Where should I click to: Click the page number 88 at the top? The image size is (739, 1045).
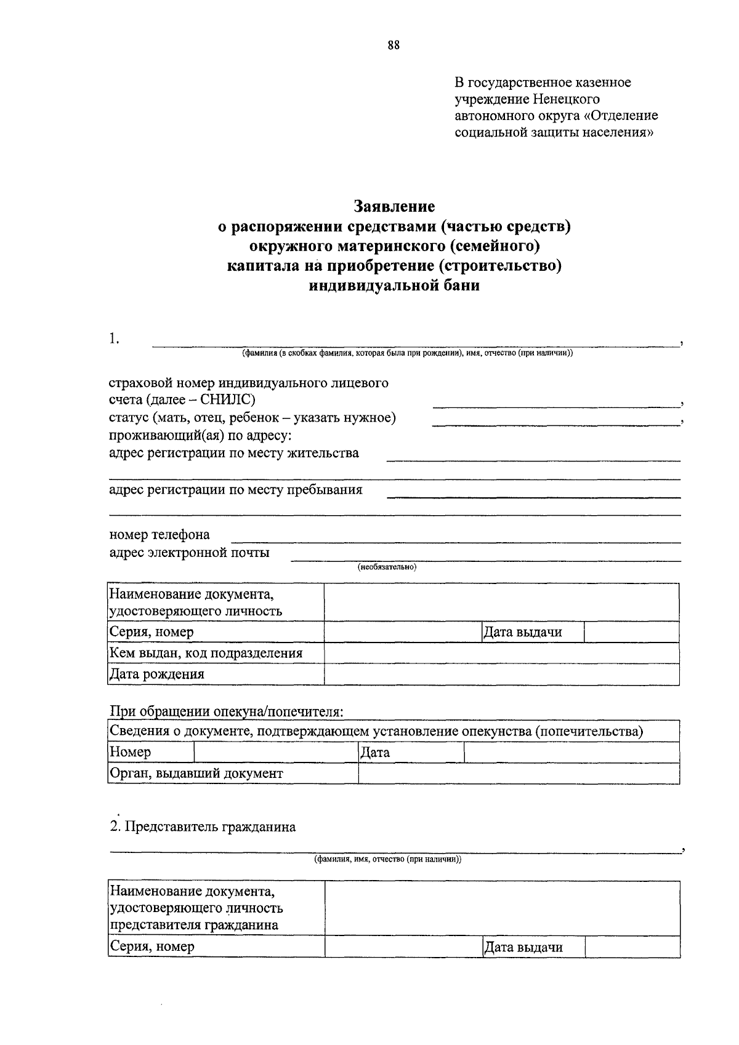(394, 45)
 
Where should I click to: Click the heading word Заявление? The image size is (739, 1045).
(394, 206)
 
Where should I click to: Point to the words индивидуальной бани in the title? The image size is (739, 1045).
(394, 286)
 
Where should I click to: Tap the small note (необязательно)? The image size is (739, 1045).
(387, 567)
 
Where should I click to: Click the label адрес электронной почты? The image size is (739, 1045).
(189, 552)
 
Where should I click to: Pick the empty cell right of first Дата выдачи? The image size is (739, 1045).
(631, 632)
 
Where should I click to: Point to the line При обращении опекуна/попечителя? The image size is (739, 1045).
(226, 711)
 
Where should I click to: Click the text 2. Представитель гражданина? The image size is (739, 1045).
(203, 827)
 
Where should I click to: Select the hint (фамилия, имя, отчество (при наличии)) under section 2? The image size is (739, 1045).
(387, 859)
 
